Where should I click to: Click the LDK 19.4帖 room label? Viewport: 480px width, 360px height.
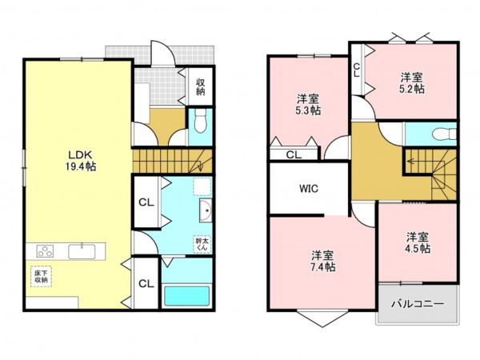coord(81,161)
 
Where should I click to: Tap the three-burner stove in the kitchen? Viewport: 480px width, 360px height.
coord(45,251)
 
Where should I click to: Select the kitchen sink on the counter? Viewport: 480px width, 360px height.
coord(82,251)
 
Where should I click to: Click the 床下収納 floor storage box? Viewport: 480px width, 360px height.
coord(41,277)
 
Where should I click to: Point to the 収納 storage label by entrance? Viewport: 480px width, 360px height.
coord(201,86)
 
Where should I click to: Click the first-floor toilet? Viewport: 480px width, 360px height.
coord(201,120)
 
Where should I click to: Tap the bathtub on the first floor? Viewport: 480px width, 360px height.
coord(186,296)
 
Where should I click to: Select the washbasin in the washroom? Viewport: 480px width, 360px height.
coord(206,210)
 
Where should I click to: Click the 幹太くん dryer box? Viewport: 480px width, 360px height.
coord(202,244)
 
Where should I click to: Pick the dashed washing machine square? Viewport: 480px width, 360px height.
coord(202,186)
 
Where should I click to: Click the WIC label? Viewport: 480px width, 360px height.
coord(309,188)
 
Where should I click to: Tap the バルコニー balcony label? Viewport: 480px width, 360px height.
coord(418,304)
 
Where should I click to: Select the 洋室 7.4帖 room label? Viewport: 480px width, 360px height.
coord(323,261)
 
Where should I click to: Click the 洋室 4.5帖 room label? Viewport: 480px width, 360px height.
coord(418,242)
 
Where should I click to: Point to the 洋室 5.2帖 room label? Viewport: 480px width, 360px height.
coord(412,82)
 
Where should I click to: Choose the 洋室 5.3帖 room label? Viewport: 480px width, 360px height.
coord(308,104)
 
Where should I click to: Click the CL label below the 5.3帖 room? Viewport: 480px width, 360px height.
coord(294,155)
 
